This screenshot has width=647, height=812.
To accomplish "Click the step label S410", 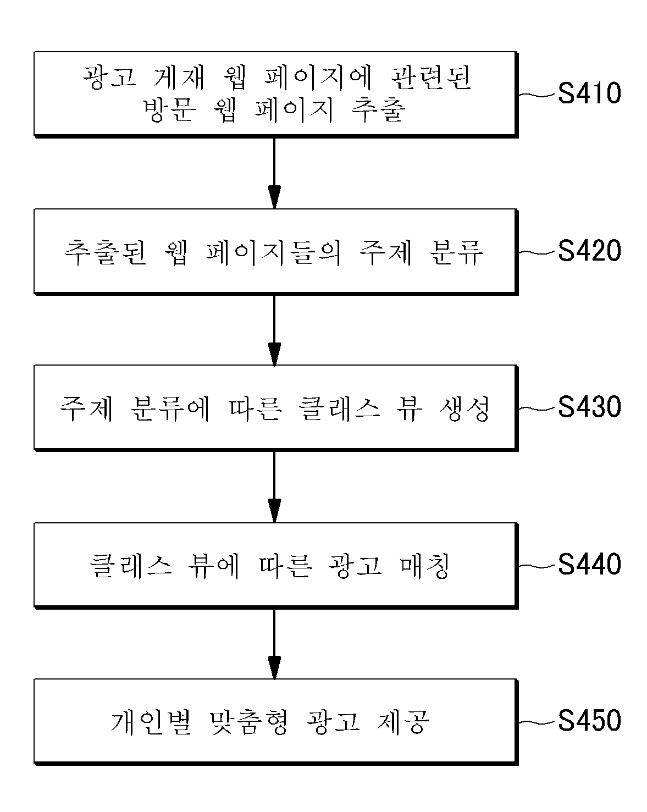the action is click(589, 93).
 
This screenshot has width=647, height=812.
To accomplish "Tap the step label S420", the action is click(589, 251).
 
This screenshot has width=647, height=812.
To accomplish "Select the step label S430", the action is click(589, 407).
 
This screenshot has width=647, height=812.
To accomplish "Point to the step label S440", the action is click(589, 564).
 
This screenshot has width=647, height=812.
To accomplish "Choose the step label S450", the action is click(589, 721).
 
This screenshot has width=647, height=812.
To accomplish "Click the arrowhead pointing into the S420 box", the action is click(274, 197).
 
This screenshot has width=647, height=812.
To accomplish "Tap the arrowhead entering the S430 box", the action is click(274, 354).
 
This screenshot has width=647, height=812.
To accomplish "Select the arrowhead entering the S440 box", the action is click(274, 511).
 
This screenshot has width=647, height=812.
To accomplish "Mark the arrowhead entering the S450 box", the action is click(274, 668).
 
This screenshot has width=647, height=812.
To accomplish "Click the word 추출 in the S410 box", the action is click(378, 110).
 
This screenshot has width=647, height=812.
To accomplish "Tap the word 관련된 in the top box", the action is click(430, 78).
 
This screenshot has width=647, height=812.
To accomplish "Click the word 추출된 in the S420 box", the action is click(105, 252).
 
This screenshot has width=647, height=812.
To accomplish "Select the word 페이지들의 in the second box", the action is click(273, 252).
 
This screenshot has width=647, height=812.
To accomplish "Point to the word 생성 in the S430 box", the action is click(465, 408).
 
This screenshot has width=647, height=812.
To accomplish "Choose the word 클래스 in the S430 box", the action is click(339, 408).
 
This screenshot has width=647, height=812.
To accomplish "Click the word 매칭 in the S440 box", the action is click(424, 566).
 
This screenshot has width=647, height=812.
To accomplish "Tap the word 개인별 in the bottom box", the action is click(151, 722).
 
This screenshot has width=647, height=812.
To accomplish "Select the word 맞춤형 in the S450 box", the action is click(248, 722).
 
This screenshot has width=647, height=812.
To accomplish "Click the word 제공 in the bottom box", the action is click(403, 722).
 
